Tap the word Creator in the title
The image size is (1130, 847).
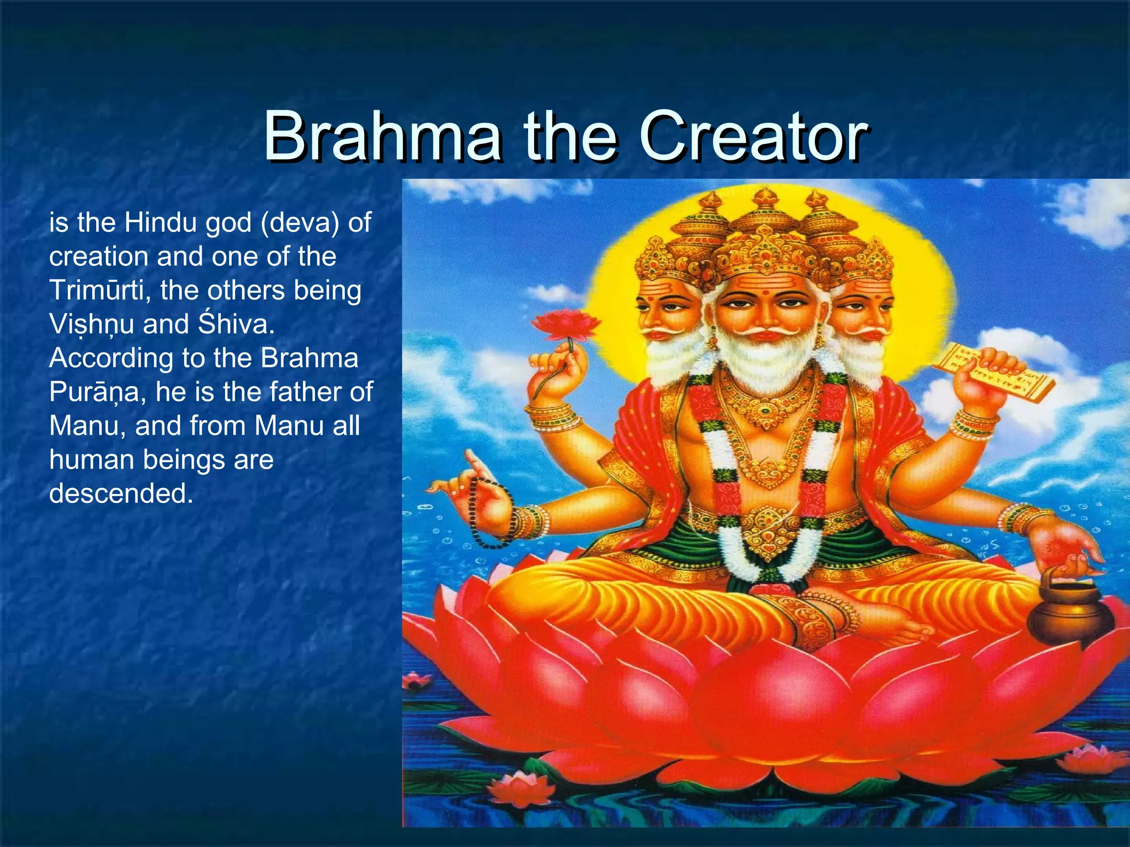click(x=753, y=136)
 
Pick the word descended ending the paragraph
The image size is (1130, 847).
click(x=121, y=494)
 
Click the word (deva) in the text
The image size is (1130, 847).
click(x=300, y=223)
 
